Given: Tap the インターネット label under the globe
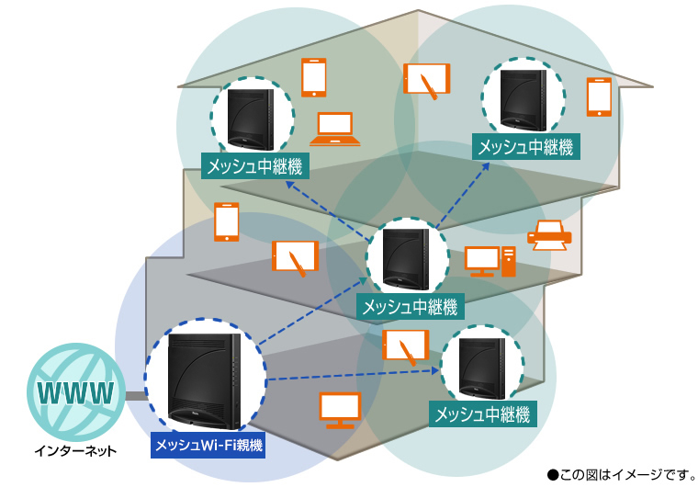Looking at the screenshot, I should click(x=76, y=451).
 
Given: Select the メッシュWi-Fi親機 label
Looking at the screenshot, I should click(x=208, y=446).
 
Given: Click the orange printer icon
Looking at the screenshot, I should click(x=549, y=236).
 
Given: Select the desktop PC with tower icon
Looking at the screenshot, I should click(x=490, y=261).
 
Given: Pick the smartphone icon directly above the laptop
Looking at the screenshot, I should click(x=314, y=78).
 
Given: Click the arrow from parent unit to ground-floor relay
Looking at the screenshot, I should click(x=349, y=373).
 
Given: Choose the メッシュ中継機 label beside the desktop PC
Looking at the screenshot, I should click(x=410, y=307).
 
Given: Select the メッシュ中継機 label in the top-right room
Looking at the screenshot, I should click(x=525, y=145).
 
